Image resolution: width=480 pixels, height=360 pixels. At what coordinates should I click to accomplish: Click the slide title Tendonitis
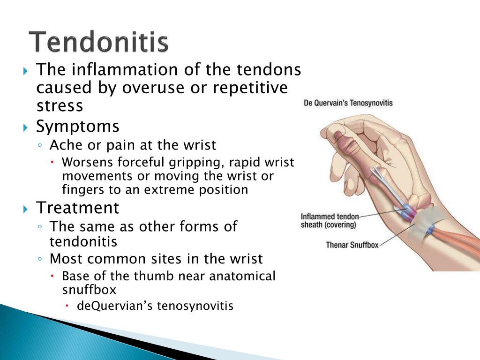(98, 41)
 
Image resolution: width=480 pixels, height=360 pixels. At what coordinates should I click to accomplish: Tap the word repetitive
(250, 88)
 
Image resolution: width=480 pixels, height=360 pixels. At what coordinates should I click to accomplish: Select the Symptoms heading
(78, 127)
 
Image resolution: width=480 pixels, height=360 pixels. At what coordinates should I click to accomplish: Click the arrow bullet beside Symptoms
(25, 127)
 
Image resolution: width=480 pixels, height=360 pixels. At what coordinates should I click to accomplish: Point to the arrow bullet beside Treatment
(25, 209)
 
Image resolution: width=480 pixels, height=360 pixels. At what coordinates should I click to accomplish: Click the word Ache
(67, 145)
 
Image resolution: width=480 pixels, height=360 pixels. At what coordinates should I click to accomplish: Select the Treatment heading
(77, 208)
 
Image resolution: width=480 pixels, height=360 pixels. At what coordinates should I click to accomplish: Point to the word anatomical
(242, 276)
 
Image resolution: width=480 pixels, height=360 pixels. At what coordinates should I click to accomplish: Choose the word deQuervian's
(115, 306)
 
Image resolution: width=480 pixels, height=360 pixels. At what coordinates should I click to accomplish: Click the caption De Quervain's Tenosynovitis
(348, 103)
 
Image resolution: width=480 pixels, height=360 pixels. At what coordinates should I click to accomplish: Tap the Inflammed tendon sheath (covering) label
(330, 221)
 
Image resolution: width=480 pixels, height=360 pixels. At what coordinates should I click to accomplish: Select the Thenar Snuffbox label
(352, 245)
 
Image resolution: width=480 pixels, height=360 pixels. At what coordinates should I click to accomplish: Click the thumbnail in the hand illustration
(338, 135)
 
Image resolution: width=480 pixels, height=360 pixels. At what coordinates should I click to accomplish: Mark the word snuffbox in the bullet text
(89, 290)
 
